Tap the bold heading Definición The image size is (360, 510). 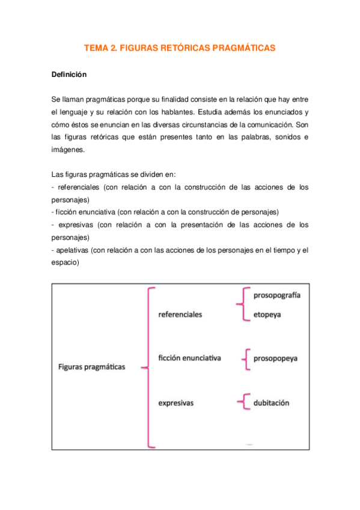click(x=69, y=75)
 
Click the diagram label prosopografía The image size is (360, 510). click(x=277, y=295)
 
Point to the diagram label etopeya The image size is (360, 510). click(x=267, y=314)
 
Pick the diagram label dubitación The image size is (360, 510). click(x=271, y=402)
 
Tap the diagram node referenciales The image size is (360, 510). click(x=180, y=314)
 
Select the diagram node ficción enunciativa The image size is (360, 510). click(x=189, y=358)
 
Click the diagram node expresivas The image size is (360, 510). click(x=175, y=403)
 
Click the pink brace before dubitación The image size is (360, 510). click(x=243, y=402)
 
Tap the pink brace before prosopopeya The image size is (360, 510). click(x=245, y=358)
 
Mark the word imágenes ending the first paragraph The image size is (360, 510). click(x=69, y=150)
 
